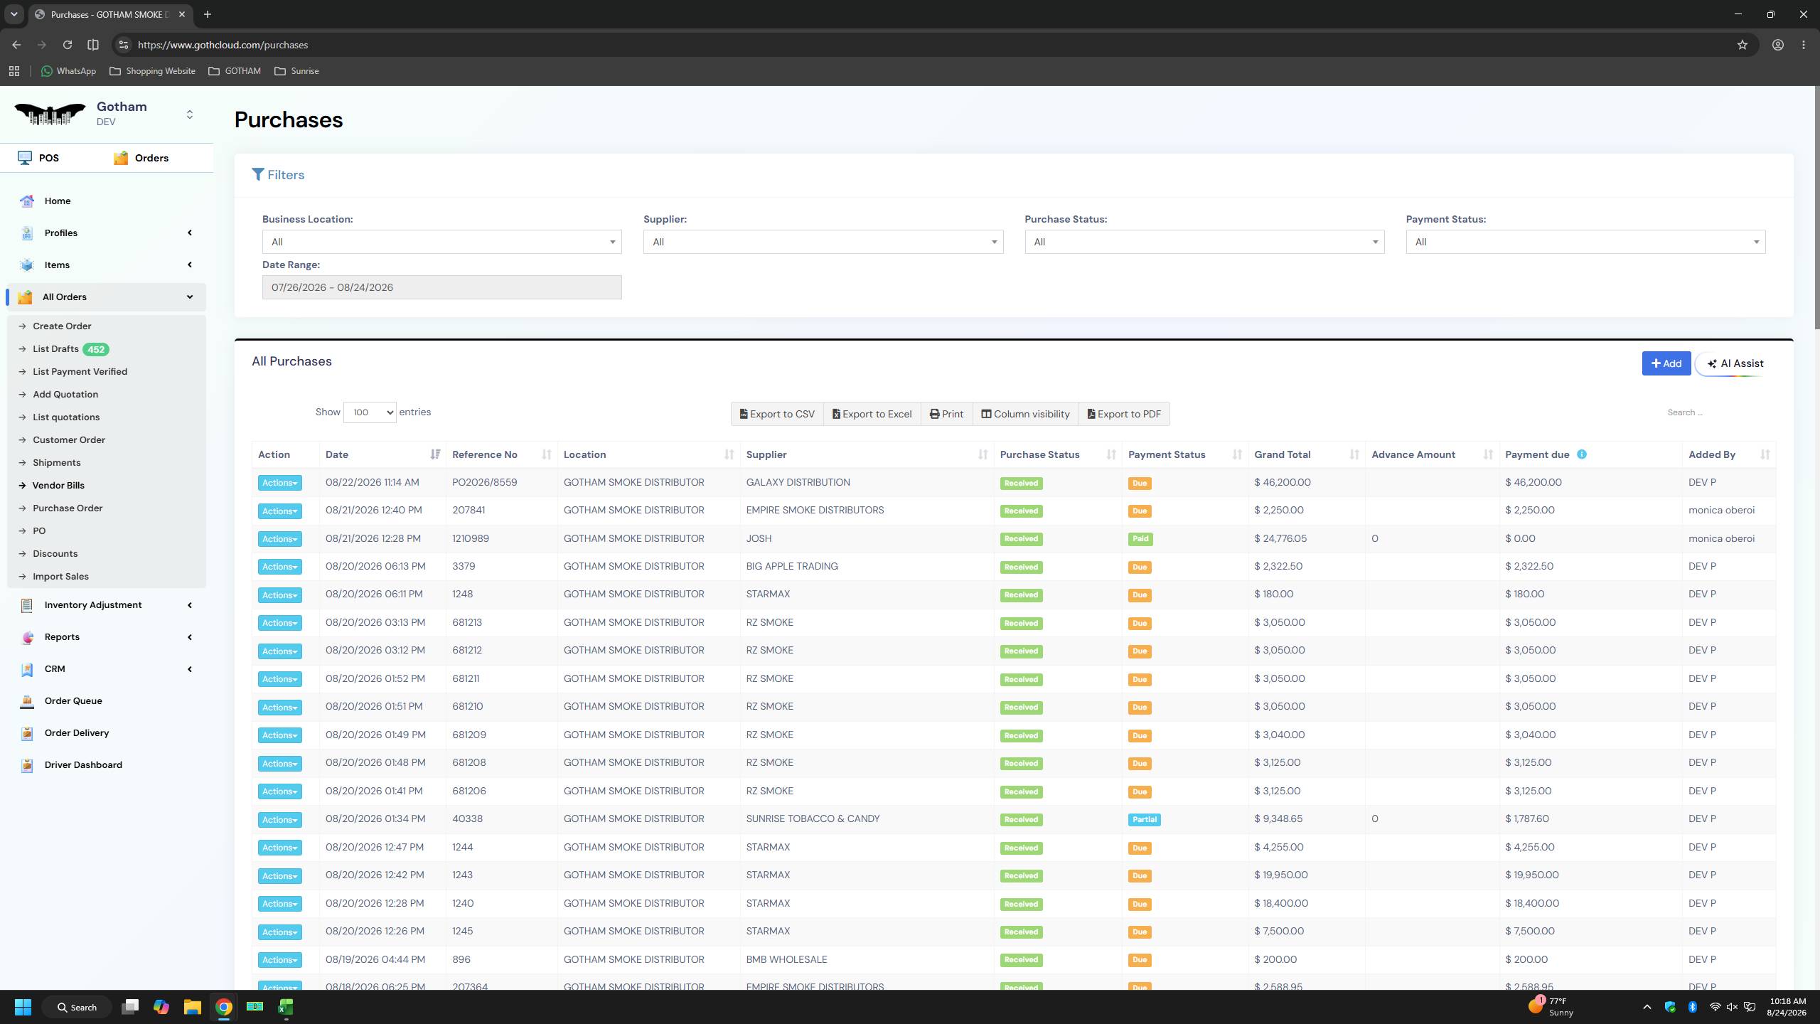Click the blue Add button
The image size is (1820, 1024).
(x=1666, y=363)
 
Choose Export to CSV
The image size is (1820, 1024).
(x=777, y=414)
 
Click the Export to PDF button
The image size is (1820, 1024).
(x=1124, y=414)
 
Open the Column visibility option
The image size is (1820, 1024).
(x=1025, y=414)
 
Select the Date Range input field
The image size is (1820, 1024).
(x=441, y=287)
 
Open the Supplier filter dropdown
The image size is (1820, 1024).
(x=823, y=242)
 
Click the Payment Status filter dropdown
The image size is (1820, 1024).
(x=1585, y=242)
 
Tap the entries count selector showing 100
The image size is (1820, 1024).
(x=369, y=412)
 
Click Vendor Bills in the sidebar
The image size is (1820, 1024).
(x=58, y=485)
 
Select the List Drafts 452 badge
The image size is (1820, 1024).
(x=96, y=349)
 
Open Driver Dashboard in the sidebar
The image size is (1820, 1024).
(x=83, y=764)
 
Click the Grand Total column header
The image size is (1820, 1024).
(x=1282, y=454)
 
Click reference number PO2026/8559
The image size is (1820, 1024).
(x=484, y=482)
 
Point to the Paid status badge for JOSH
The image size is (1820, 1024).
(x=1140, y=539)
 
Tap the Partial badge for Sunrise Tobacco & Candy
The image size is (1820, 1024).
(x=1144, y=819)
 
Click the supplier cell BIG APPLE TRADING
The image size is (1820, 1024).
(x=791, y=566)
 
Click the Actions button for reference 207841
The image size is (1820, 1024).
(x=279, y=511)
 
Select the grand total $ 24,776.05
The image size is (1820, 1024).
(x=1280, y=538)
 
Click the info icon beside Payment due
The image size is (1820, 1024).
(x=1581, y=454)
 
